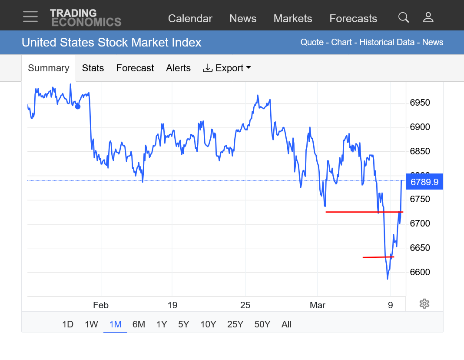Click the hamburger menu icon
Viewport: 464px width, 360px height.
tap(30, 17)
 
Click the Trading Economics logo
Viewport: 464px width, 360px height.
tap(86, 17)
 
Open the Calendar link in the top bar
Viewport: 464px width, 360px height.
tap(190, 19)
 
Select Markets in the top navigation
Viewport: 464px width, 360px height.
tap(293, 19)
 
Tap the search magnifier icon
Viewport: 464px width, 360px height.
tap(404, 17)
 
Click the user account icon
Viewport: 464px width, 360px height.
tap(428, 17)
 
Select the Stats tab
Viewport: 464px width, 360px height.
tap(93, 68)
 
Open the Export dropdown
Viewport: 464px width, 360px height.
tap(227, 68)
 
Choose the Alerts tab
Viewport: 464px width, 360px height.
tap(178, 68)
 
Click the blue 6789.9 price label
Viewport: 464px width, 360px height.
tap(424, 182)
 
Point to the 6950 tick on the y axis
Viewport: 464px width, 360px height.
tap(420, 103)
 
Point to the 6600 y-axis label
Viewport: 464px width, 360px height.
tap(420, 272)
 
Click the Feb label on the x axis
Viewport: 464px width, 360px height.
tap(101, 305)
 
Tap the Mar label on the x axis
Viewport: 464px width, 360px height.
tap(318, 305)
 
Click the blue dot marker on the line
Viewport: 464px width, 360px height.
tap(78, 107)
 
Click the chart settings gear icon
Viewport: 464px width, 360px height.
tap(424, 304)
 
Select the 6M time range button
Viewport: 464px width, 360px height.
tap(139, 324)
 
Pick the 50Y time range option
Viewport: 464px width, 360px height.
tap(262, 324)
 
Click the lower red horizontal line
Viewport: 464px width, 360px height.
tap(378, 257)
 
